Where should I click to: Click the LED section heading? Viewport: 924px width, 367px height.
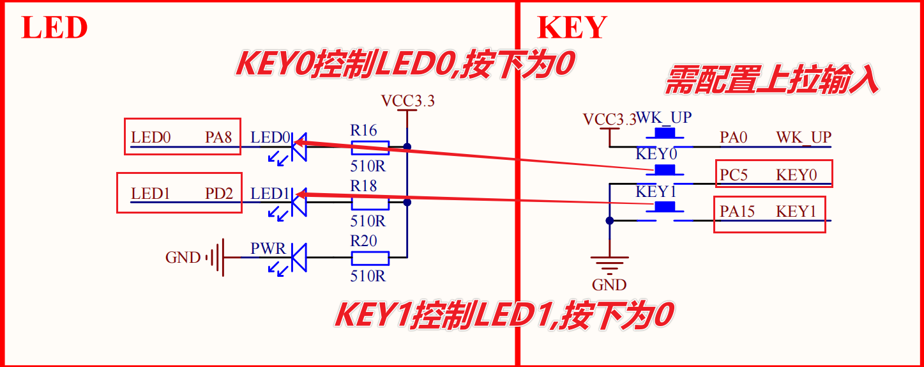click(54, 27)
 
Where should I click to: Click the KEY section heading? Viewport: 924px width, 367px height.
click(572, 27)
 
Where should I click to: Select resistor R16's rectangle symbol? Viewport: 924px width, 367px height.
click(370, 147)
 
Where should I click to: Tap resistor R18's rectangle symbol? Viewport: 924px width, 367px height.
click(370, 203)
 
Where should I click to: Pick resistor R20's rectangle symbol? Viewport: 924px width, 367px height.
click(370, 258)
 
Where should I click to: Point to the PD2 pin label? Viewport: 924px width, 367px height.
click(219, 193)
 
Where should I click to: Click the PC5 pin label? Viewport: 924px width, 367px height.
click(734, 175)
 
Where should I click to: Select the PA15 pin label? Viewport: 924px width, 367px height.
click(738, 212)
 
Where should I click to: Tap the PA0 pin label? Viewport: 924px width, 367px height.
click(734, 137)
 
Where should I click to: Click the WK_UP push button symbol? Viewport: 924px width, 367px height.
click(665, 134)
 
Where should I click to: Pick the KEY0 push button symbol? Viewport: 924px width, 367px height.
click(665, 170)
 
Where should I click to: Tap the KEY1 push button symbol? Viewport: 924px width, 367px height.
click(665, 207)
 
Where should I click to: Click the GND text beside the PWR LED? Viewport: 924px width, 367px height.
click(183, 258)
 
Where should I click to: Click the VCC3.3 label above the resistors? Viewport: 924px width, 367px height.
click(407, 100)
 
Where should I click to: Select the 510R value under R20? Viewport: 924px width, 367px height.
click(368, 277)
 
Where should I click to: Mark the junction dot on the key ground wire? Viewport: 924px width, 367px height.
click(609, 221)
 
